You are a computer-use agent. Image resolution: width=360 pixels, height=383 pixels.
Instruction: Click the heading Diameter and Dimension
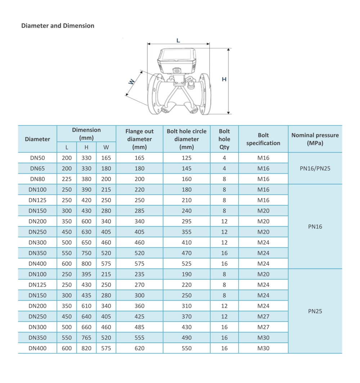tap(58, 26)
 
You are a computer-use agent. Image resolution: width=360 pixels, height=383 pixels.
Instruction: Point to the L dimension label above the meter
tap(178, 41)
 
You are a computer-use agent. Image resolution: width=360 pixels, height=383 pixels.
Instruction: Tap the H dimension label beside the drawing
tap(224, 79)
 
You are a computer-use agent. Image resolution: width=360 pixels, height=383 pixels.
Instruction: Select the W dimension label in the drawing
tap(131, 82)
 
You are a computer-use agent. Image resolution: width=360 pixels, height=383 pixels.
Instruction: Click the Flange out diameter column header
tap(139, 139)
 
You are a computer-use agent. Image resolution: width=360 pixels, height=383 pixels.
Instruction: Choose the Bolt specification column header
tap(263, 139)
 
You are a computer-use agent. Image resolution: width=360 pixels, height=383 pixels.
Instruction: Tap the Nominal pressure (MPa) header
tap(315, 139)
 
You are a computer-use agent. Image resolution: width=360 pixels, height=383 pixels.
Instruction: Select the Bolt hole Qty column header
tap(224, 139)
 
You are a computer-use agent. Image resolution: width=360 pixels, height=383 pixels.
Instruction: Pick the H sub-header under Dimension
tap(86, 147)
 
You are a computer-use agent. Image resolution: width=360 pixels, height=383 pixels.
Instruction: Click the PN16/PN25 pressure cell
tap(315, 168)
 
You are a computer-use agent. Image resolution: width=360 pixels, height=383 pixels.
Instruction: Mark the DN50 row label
tap(37, 158)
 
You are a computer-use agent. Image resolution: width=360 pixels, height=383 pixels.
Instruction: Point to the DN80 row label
tap(37, 179)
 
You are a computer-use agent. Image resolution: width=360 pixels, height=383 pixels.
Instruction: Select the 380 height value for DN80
tap(86, 179)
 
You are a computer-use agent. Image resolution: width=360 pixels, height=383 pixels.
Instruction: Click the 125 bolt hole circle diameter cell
tap(186, 158)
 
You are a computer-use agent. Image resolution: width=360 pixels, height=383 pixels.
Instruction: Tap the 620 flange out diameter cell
tap(139, 348)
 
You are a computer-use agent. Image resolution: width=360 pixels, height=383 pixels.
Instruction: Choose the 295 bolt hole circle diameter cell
tap(186, 222)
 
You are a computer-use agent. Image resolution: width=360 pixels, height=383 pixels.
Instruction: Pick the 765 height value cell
tap(86, 338)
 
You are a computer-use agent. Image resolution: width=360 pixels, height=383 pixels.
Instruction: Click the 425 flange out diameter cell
tap(139, 317)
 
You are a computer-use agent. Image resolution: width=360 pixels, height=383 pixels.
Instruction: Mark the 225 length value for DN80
tap(67, 179)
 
